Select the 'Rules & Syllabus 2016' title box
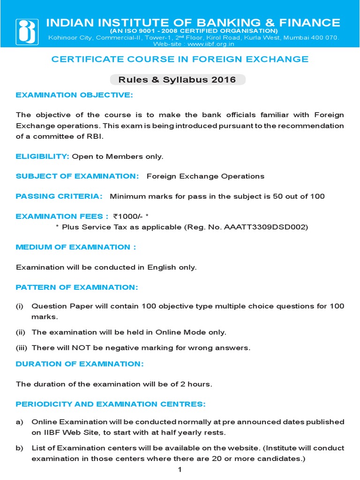(x=177, y=80)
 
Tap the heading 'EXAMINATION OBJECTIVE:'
(x=75, y=95)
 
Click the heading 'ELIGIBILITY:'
(x=43, y=156)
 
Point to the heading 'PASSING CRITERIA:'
(x=59, y=196)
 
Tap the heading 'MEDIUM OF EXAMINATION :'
(x=76, y=247)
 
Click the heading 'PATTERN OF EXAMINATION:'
(x=77, y=287)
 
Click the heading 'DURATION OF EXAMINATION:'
(x=80, y=364)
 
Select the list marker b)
(x=19, y=448)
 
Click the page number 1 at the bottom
(x=180, y=470)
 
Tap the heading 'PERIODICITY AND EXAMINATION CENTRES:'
(x=111, y=404)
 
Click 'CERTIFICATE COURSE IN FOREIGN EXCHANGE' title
(x=180, y=59)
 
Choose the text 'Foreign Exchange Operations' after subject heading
(x=205, y=176)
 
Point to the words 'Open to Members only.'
(x=118, y=156)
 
